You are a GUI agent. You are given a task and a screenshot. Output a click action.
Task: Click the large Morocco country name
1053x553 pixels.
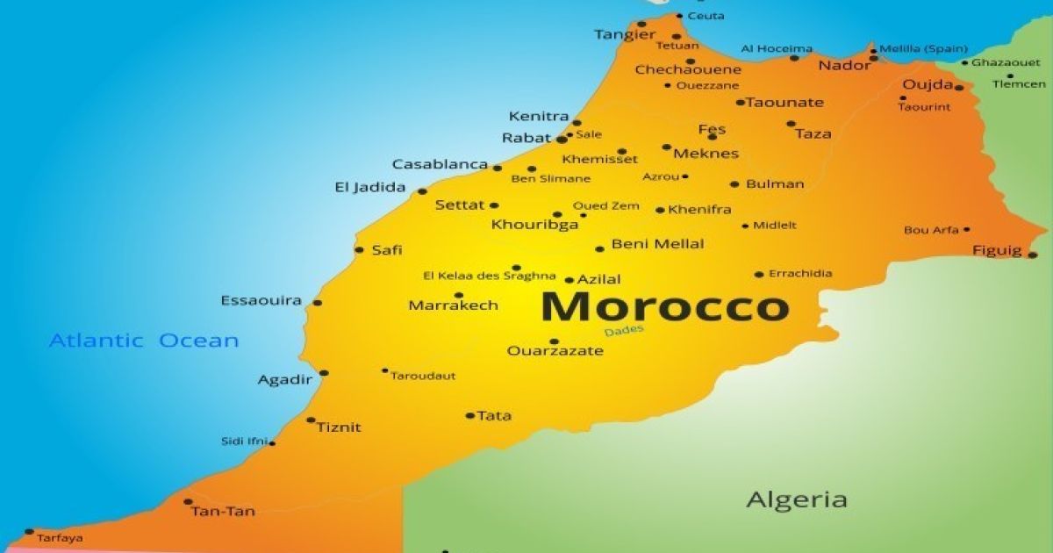click(x=664, y=307)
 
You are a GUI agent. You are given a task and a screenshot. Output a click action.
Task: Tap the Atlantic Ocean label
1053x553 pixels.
click(x=144, y=341)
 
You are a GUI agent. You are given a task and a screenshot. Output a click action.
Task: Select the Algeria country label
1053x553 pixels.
click(x=797, y=500)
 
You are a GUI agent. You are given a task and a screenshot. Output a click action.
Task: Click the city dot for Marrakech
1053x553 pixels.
click(x=458, y=296)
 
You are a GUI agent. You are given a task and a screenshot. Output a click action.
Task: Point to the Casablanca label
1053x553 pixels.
click(x=440, y=164)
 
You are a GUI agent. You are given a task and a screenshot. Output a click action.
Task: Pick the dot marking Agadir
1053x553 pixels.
click(x=324, y=373)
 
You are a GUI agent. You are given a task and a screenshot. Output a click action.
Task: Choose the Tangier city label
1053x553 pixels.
click(x=625, y=35)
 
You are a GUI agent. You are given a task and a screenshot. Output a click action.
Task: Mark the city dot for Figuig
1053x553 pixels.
click(x=1032, y=255)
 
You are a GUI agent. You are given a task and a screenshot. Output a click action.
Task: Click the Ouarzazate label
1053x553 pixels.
click(x=555, y=351)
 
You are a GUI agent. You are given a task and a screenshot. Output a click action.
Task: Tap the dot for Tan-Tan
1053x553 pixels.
click(x=188, y=502)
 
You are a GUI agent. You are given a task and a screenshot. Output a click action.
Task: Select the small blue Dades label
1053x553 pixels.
click(x=623, y=330)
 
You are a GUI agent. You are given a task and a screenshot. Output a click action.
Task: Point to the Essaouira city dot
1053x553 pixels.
click(x=317, y=303)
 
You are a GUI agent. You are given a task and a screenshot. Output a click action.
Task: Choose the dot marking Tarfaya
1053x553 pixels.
click(x=29, y=531)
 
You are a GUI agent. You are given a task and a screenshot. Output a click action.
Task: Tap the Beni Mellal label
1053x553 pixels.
click(x=657, y=244)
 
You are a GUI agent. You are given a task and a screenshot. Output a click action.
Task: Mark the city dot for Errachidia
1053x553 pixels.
click(x=759, y=274)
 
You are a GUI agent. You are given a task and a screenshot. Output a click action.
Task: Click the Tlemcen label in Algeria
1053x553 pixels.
click(x=1019, y=84)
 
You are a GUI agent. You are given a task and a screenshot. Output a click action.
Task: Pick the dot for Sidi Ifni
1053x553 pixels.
click(x=272, y=442)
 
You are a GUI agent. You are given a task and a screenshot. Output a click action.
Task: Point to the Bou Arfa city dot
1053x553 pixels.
click(x=966, y=229)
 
